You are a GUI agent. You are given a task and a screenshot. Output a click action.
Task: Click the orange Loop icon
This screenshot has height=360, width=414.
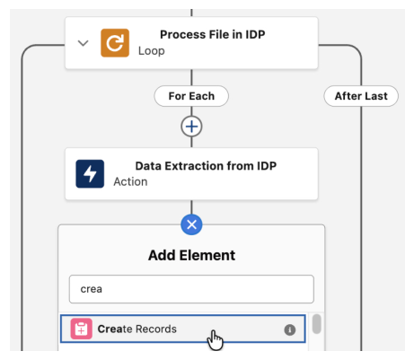click(115, 43)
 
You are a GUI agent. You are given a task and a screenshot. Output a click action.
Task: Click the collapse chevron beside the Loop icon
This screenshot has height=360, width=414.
click(83, 43)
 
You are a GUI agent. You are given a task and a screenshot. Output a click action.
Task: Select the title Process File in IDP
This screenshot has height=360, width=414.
click(213, 34)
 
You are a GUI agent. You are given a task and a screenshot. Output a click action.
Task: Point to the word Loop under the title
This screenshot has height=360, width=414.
click(152, 51)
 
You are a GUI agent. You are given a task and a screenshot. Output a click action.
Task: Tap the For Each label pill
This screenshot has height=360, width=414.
click(191, 96)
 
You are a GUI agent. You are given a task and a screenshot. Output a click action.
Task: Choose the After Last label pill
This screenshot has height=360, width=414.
click(361, 96)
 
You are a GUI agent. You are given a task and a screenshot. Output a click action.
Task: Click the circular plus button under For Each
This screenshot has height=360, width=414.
click(191, 127)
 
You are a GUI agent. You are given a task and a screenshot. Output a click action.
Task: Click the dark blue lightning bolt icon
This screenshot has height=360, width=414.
click(90, 174)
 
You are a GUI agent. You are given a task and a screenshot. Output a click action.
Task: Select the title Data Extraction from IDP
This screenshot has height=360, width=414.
click(206, 166)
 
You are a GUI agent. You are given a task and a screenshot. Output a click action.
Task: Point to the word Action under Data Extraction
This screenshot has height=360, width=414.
click(130, 181)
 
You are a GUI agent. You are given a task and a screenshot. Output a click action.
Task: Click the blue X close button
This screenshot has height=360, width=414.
click(191, 224)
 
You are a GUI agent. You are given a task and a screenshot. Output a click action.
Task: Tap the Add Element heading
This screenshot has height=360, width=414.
click(191, 255)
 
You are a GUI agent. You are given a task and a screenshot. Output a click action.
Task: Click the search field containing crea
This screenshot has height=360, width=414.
click(191, 289)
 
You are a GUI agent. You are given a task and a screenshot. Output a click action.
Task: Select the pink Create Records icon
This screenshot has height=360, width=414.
click(81, 329)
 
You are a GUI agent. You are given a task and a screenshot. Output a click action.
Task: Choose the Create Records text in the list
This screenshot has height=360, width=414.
click(137, 329)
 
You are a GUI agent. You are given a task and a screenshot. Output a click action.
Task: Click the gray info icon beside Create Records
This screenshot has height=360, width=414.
click(290, 329)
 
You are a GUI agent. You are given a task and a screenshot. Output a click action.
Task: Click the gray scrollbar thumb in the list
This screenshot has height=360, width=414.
click(317, 323)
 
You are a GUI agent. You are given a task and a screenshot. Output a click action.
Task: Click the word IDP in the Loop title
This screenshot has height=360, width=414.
click(255, 34)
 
